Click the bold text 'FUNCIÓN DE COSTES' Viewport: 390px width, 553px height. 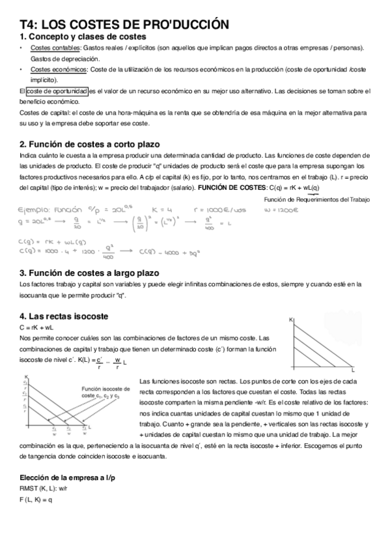click(x=227, y=187)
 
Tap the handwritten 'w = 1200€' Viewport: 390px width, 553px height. click(x=282, y=211)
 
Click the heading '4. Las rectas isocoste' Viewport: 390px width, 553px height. click(x=64, y=316)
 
